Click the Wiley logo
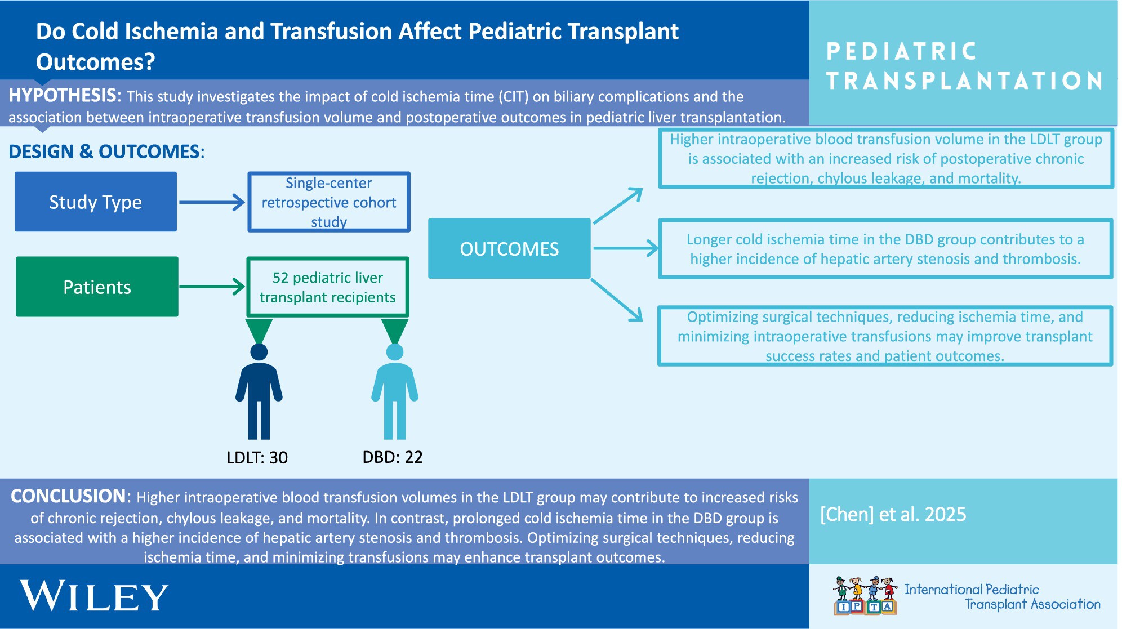tap(94, 596)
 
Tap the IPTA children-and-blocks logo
tap(865, 595)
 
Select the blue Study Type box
tap(96, 202)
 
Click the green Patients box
tap(97, 287)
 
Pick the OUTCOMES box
tap(509, 248)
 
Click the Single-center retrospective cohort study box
tap(329, 202)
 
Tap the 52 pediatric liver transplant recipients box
tap(328, 287)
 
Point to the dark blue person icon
tap(259, 391)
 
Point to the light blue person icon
tap(395, 391)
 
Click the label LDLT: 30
tap(257, 457)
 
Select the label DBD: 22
tap(393, 457)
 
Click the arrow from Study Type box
tap(212, 202)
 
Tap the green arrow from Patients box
tap(212, 287)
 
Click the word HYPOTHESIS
tap(63, 95)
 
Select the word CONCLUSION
tap(69, 496)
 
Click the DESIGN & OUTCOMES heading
tap(104, 151)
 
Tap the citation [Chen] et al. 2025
tap(893, 514)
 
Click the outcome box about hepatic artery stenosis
tap(885, 249)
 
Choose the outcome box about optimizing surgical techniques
tap(885, 336)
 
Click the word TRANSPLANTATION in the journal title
tap(964, 81)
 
